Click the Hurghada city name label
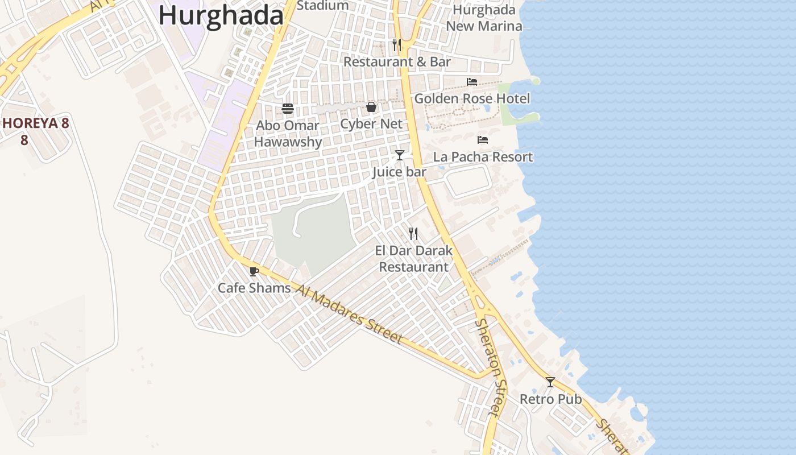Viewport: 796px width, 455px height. coord(221,15)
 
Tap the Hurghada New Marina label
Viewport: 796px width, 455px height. coord(484,18)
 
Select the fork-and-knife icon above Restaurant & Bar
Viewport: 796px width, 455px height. coord(397,44)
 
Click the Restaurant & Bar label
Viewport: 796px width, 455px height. coord(397,61)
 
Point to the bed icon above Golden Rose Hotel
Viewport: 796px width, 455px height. coord(471,82)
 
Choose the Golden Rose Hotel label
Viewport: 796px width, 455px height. coord(472,98)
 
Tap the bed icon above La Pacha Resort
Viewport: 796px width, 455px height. coord(483,140)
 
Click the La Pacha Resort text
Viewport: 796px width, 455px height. coord(483,156)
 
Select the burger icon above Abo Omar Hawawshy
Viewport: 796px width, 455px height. coord(288,109)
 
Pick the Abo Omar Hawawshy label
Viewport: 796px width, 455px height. coord(288,134)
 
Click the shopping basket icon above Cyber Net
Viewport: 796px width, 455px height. coord(371,107)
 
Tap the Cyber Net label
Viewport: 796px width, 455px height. coord(371,123)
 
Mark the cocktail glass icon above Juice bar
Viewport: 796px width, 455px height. coord(400,155)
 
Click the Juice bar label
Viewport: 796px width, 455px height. coord(399,172)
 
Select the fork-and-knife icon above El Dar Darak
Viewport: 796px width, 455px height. coord(413,233)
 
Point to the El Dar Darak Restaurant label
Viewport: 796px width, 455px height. coord(413,259)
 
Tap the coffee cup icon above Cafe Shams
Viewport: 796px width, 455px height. coord(254,271)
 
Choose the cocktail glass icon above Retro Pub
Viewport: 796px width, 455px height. coord(550,382)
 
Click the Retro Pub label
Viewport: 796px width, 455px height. coord(550,399)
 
